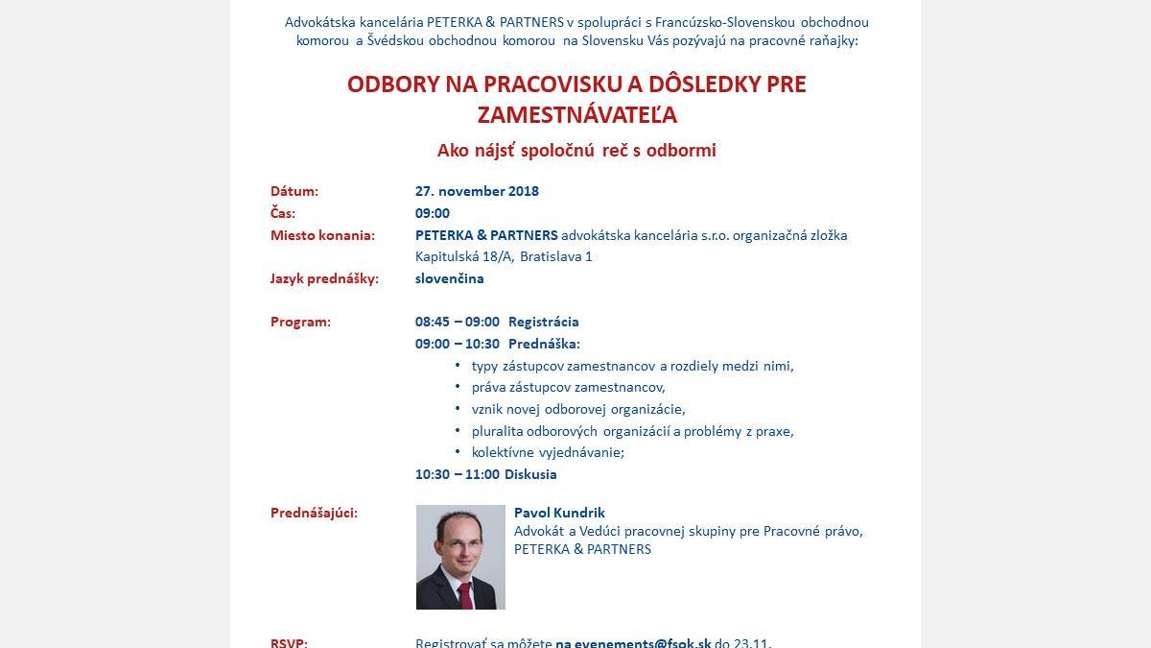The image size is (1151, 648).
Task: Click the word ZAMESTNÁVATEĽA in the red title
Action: point(576,115)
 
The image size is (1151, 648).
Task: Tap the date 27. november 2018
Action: point(477,191)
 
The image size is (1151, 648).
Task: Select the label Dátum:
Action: point(294,191)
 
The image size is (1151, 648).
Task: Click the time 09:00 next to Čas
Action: point(433,213)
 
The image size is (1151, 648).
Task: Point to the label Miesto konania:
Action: point(322,235)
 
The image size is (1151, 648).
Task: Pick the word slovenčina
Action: point(449,278)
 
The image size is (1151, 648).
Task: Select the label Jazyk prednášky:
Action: point(324,278)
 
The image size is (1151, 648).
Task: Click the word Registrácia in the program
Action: point(543,322)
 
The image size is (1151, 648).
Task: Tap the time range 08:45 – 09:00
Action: point(458,322)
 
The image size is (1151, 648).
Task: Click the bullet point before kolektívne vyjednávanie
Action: point(458,452)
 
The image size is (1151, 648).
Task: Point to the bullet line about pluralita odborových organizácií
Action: point(632,431)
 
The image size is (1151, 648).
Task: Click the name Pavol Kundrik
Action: point(559,513)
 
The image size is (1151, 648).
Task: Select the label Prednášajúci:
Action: point(314,513)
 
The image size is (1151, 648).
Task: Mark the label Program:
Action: point(300,322)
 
